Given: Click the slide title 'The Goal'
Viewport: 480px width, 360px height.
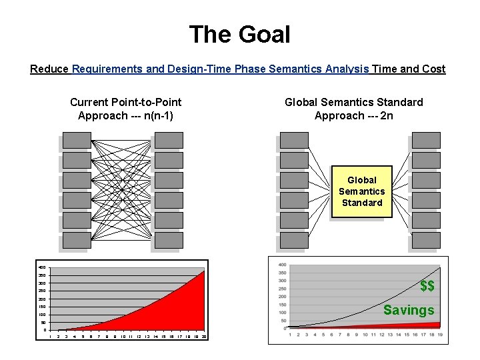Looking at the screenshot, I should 239,34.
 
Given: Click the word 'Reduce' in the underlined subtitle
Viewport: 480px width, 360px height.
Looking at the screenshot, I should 49,69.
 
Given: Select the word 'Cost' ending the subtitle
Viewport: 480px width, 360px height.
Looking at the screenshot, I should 433,69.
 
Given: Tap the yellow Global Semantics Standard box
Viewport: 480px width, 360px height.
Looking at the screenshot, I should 361,191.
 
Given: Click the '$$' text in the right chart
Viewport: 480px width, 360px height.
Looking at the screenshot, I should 427,286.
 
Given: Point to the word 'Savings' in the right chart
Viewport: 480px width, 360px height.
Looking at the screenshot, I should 408,310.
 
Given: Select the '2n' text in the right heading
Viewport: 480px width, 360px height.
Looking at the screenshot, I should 387,115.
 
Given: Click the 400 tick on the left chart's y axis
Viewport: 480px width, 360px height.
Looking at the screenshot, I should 41,268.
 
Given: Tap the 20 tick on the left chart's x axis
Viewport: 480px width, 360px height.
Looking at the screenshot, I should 203,337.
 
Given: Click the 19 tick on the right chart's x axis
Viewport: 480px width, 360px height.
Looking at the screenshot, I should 440,334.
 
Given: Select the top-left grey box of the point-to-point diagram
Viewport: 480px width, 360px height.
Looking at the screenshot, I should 77,140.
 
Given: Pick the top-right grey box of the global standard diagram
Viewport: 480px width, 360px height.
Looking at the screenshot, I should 426,140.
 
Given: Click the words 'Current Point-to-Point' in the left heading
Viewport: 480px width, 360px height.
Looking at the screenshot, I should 125,102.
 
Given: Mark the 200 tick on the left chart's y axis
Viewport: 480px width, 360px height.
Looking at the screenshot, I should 41,299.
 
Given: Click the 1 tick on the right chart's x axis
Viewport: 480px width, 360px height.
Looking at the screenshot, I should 289,334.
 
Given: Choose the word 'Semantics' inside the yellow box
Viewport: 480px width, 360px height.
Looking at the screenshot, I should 361,191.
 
